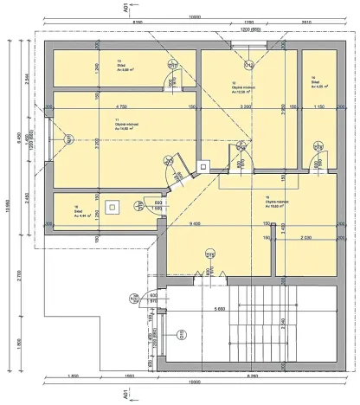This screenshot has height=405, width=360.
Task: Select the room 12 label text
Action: [x=242, y=87]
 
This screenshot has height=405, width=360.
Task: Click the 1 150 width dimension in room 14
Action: [x=319, y=106]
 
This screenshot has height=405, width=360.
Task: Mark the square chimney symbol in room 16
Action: [x=113, y=206]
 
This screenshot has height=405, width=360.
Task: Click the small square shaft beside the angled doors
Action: [x=204, y=166]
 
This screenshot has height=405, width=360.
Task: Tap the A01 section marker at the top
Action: [x=125, y=8]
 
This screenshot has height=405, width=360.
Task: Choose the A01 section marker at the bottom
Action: [x=125, y=394]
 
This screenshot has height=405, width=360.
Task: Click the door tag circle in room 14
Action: [x=315, y=152]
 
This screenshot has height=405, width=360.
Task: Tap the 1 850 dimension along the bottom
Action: [x=74, y=376]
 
